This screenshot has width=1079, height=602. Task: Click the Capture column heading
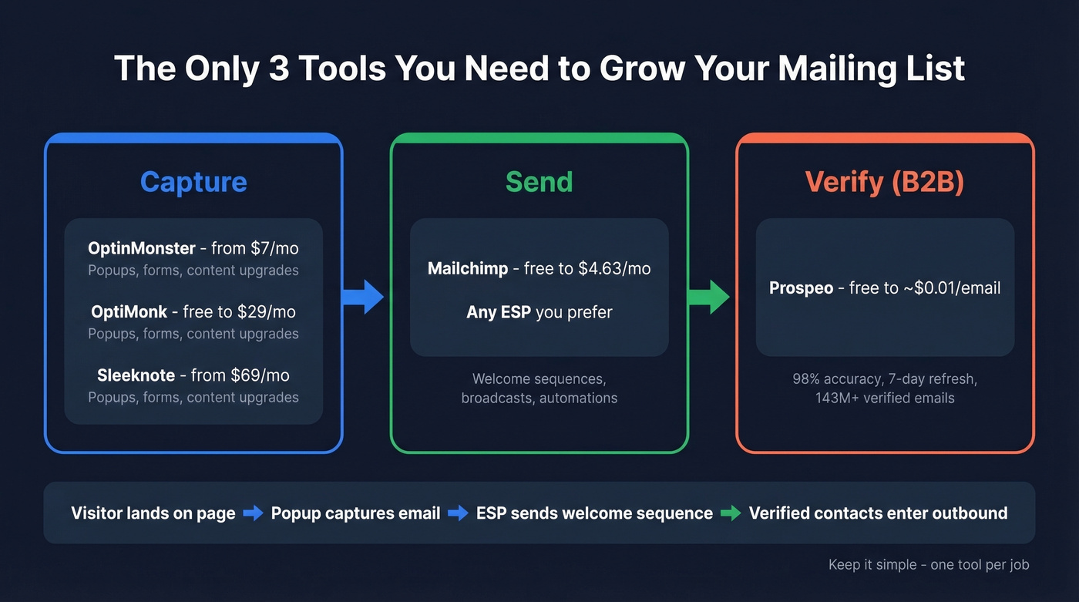(x=193, y=182)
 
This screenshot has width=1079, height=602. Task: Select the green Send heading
(x=539, y=182)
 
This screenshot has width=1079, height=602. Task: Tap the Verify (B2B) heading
(x=885, y=182)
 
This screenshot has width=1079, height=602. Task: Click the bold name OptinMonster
(x=142, y=248)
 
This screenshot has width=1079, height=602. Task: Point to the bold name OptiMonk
(x=129, y=311)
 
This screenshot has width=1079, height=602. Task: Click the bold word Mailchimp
(x=468, y=268)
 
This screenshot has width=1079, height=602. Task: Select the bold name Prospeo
(x=802, y=288)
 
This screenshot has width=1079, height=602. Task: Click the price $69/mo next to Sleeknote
(x=261, y=375)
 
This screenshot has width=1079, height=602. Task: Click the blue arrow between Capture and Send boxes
(x=363, y=297)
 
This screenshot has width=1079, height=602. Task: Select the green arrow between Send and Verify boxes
(x=708, y=297)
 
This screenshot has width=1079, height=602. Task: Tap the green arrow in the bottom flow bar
(x=731, y=513)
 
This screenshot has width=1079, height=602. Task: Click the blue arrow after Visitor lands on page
(x=253, y=513)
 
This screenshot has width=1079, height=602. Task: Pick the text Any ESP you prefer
(x=539, y=312)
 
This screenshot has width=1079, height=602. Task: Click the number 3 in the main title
(x=277, y=68)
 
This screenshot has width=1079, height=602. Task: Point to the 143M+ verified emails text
(x=885, y=399)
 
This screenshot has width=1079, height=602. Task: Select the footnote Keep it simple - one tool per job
(x=929, y=565)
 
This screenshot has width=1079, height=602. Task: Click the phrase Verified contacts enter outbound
(x=878, y=513)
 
